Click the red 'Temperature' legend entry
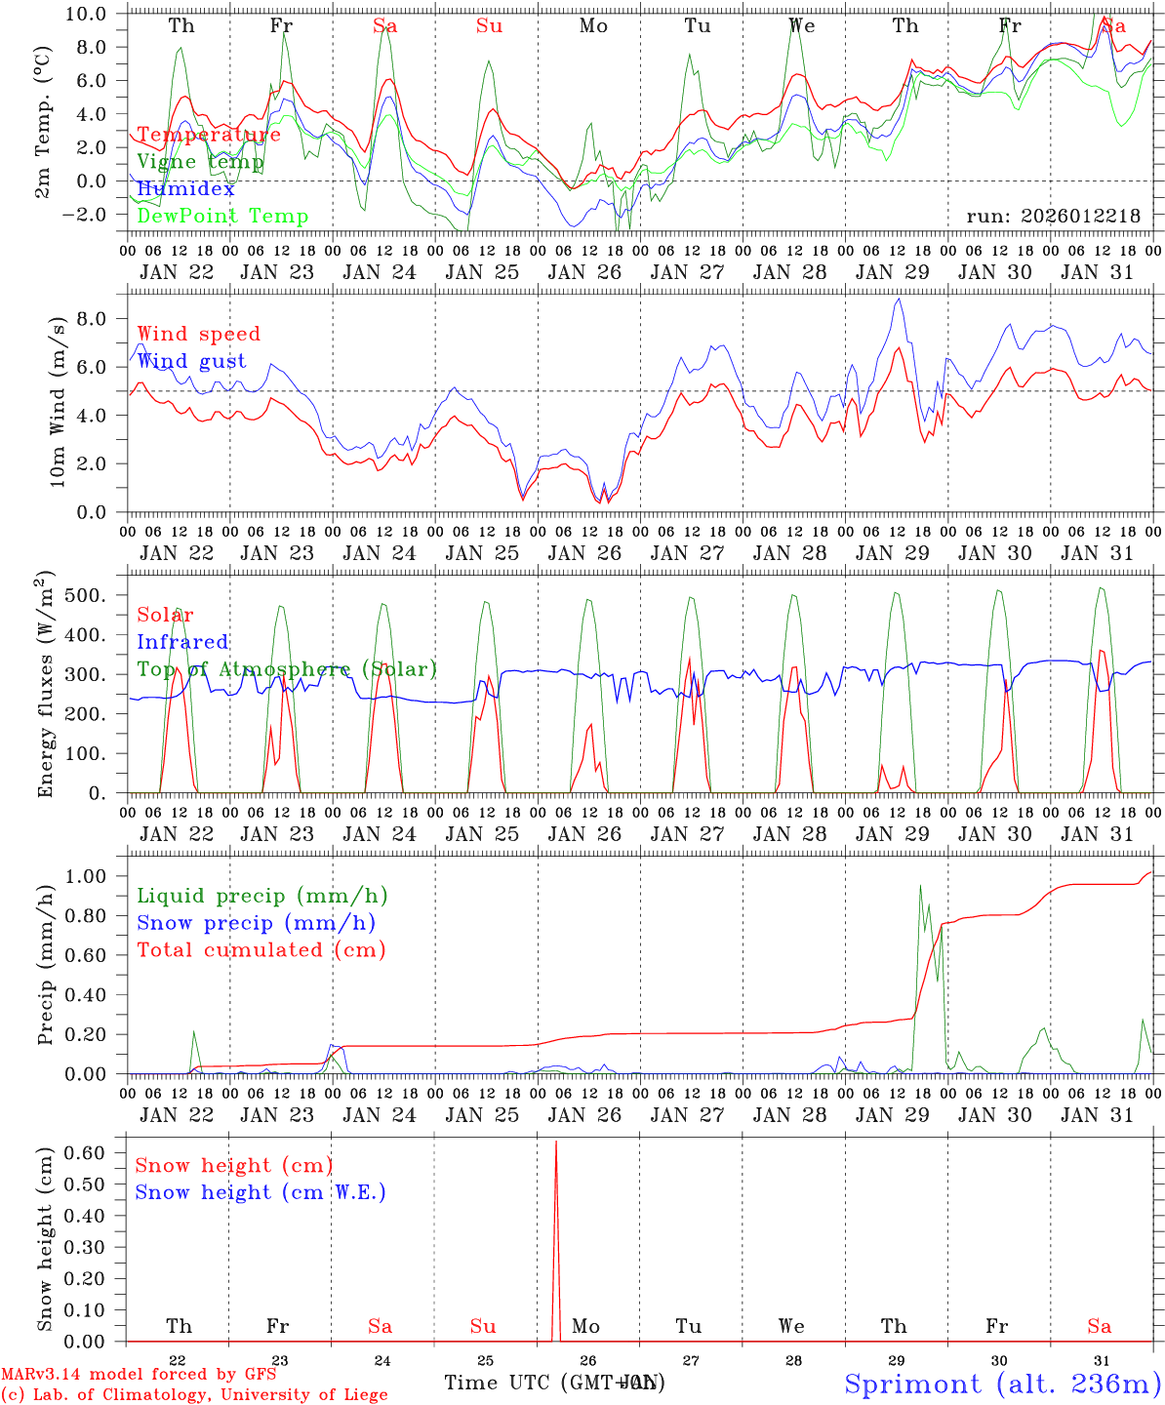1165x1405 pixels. (x=209, y=135)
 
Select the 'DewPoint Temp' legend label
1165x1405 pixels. (x=222, y=217)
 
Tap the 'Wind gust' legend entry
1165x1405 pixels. (x=191, y=361)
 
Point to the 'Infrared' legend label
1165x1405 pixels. (x=182, y=642)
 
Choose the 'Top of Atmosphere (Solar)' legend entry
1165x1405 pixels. (x=287, y=669)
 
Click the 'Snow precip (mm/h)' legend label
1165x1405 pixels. (x=256, y=923)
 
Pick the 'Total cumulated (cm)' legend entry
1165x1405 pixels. (x=261, y=950)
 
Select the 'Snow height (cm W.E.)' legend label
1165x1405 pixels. (x=261, y=1192)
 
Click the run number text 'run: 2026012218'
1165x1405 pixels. (x=1053, y=217)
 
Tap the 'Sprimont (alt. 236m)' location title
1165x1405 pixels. (x=1002, y=1384)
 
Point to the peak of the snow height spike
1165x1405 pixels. (x=556, y=1141)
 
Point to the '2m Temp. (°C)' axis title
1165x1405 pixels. (x=44, y=122)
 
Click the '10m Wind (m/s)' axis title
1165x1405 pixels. (x=58, y=401)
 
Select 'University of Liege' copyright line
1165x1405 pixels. (x=194, y=1395)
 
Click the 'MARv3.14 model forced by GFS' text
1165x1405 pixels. (x=138, y=1375)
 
